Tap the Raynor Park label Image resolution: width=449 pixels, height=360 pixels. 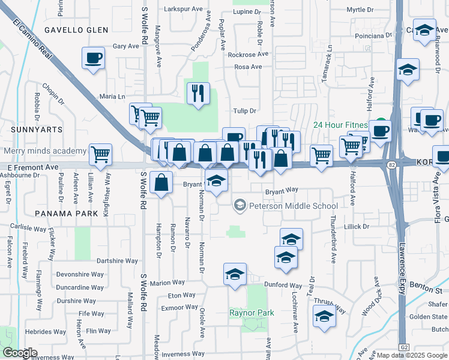point(252,313)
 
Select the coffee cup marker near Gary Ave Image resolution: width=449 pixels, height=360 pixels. point(93,59)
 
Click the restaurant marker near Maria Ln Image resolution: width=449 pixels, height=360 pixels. point(198,94)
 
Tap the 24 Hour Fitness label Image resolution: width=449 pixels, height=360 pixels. point(340,125)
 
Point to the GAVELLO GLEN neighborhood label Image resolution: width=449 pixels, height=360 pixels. point(76,30)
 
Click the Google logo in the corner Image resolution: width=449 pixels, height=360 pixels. point(20,353)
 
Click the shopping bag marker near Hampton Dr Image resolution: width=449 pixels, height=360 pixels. point(161,182)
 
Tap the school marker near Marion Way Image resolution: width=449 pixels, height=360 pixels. point(235,275)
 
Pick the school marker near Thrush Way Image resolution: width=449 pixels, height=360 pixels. point(324,316)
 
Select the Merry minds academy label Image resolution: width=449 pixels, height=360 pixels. point(45,151)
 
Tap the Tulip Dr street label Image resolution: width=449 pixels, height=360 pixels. point(245,111)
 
